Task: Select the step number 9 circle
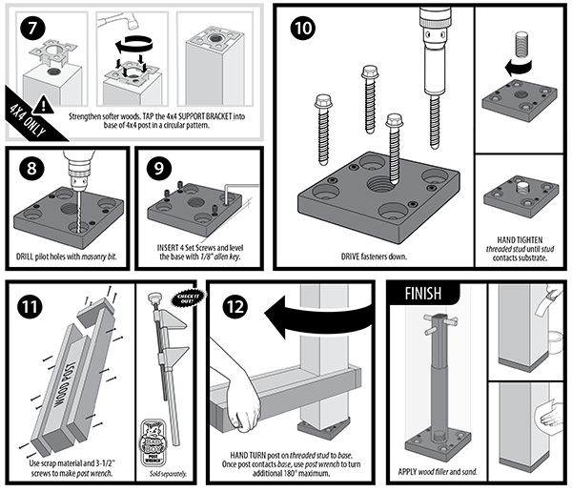pos(161,173)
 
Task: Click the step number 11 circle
pos(32,307)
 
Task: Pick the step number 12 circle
pos(235,307)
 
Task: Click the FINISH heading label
pos(419,293)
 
